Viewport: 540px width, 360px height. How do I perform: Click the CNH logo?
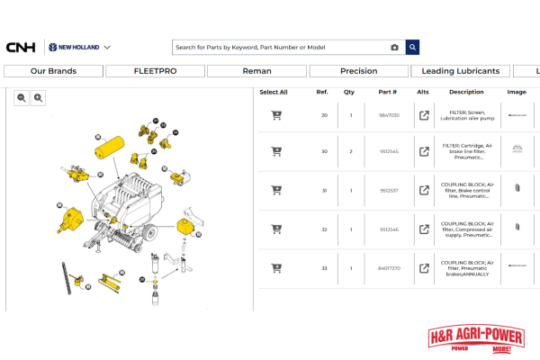tap(20, 48)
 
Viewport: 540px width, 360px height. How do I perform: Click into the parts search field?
tap(279, 48)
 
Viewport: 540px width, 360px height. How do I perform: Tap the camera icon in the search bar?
tap(394, 48)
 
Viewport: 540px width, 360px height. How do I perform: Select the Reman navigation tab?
tap(256, 71)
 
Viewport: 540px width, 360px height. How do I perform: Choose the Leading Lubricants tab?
tap(461, 71)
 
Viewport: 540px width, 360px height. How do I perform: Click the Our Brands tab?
tap(53, 71)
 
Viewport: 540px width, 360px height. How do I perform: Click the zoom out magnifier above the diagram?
tap(22, 98)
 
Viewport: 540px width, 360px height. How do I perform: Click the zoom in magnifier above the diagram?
tap(39, 98)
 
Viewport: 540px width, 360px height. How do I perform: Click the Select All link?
tap(274, 92)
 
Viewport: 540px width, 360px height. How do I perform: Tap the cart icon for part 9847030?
tap(276, 115)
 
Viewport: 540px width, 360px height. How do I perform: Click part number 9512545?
tap(388, 151)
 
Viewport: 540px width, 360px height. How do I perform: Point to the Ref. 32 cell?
tap(324, 229)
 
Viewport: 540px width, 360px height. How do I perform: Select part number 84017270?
tap(388, 267)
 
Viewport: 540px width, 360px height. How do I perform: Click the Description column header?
tap(466, 92)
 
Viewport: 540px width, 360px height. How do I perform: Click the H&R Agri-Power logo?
tap(481, 340)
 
